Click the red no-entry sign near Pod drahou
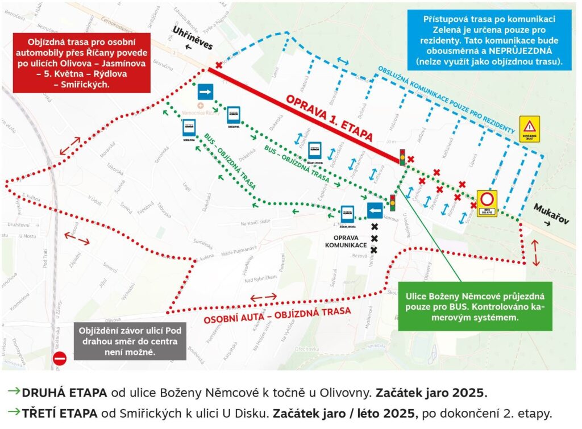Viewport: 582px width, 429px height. [x=60, y=359]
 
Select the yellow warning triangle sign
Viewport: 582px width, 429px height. [x=530, y=128]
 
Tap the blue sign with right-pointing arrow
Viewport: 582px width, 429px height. [x=205, y=91]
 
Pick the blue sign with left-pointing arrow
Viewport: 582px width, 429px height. [x=375, y=211]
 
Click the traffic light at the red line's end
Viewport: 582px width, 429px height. [x=402, y=156]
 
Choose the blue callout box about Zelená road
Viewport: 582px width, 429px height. [x=489, y=40]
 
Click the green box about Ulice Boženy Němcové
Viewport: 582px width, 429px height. [x=475, y=306]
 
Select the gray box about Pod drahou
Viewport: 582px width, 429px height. [x=130, y=341]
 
